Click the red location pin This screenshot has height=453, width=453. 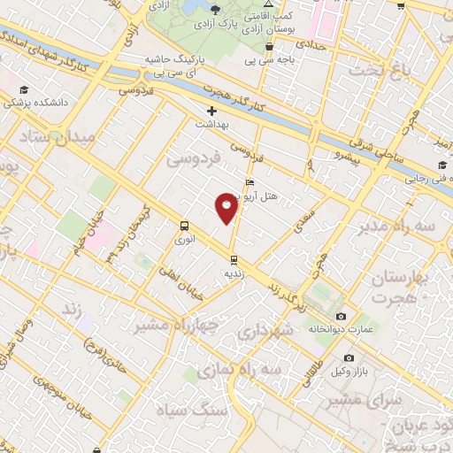tap(227, 208)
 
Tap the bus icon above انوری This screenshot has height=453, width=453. tap(184, 226)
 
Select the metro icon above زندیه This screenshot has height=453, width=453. tap(234, 260)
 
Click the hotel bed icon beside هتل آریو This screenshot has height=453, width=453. tap(248, 183)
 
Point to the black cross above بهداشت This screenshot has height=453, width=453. tap(211, 111)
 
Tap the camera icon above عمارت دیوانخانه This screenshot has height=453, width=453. tap(342, 316)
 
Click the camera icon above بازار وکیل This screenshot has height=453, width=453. tap(349, 357)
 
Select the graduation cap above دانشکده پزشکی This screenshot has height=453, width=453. tap(25, 90)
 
